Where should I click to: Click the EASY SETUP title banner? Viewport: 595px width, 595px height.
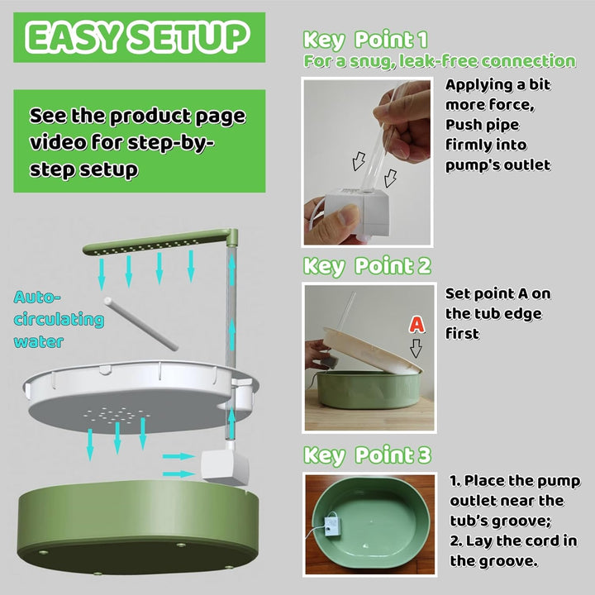tap(136, 36)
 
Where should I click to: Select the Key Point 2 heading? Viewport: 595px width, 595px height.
tap(367, 266)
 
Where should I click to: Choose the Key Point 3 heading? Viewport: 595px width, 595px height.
tap(367, 455)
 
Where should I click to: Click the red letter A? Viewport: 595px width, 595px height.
tap(416, 325)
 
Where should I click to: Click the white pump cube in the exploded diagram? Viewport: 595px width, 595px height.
tap(222, 467)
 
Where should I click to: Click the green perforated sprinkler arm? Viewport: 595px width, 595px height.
tap(149, 245)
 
